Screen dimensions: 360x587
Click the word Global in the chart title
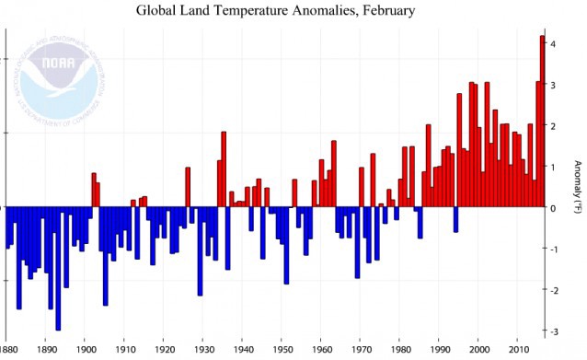158,12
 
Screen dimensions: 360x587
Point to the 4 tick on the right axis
552,44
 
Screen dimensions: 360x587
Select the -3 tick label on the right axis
552,331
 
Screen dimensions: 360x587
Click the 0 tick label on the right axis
552,208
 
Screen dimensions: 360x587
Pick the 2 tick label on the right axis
552,126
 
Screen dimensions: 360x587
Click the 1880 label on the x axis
8,351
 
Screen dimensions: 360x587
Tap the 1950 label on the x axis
282,351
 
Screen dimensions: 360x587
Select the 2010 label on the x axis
519,351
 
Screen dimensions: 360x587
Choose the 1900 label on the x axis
86,351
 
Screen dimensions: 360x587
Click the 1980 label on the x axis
401,351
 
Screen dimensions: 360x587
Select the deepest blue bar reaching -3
58,267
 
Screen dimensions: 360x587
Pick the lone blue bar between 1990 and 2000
455,218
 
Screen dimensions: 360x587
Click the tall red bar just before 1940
224,169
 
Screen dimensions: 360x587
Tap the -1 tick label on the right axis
552,249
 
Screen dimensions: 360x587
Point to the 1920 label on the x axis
164,351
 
